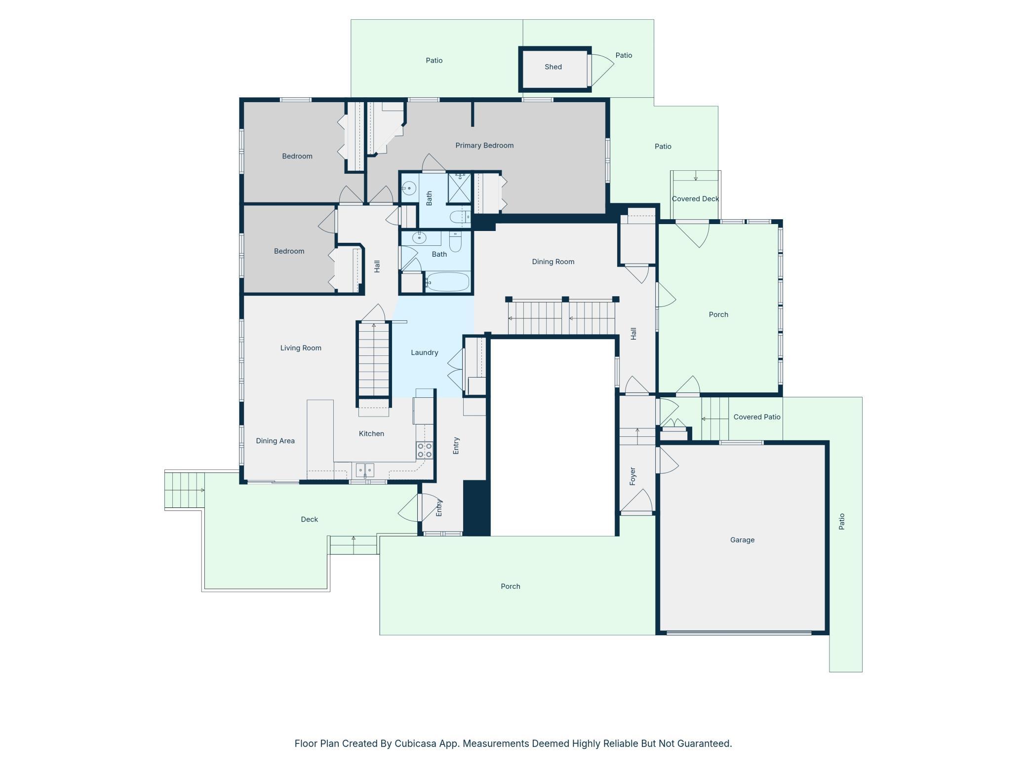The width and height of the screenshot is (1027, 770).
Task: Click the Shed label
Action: coord(553,67)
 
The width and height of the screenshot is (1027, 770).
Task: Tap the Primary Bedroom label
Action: coord(484,146)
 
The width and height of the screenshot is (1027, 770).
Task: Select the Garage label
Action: coord(742,540)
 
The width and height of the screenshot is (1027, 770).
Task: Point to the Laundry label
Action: coord(425,352)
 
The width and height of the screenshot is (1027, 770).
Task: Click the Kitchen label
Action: coord(371,433)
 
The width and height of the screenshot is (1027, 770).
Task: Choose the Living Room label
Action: coord(301,348)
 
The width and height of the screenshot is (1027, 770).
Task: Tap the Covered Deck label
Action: coord(695,199)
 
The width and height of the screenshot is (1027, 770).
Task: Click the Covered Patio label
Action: coord(757,417)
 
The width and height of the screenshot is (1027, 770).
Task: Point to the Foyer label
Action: coord(632,476)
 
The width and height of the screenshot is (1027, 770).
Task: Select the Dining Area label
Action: coord(275,441)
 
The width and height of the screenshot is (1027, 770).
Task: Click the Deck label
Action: coord(310,519)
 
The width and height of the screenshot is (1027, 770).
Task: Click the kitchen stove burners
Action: coord(425,450)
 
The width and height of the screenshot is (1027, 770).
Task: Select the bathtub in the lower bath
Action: coord(447,282)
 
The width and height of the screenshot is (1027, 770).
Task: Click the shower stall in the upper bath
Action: coord(459,188)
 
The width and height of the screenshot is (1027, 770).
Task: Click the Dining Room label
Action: coord(553,262)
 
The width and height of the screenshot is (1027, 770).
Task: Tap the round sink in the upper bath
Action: coord(409,188)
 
